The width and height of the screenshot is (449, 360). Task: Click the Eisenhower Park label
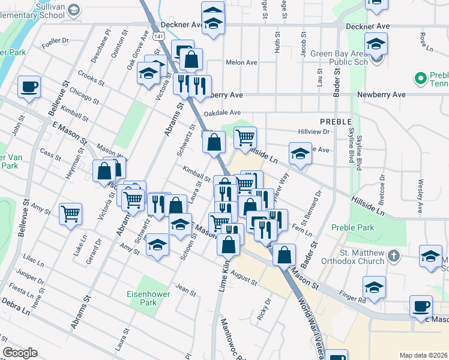coord(141,298)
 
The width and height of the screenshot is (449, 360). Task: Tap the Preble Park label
coord(352,228)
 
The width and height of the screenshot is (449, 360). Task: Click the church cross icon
coord(393,257)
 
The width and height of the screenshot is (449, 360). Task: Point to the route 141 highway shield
coord(157,37)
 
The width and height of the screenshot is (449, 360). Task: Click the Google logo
coord(20,353)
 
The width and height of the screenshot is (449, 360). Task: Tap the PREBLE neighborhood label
coord(334,121)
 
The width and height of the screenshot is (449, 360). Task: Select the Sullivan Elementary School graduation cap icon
coord(73,10)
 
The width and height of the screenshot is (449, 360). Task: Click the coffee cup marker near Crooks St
coord(29,87)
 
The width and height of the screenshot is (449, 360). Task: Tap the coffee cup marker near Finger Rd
coord(421,306)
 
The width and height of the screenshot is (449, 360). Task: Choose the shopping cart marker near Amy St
coord(70,213)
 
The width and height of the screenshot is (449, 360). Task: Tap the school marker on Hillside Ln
coord(300,154)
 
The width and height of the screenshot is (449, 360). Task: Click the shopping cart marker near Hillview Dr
coord(245,138)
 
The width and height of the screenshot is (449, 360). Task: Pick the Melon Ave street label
coord(241,62)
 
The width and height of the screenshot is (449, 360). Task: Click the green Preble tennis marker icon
coord(420,77)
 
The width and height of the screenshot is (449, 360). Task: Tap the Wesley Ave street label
coord(420,191)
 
